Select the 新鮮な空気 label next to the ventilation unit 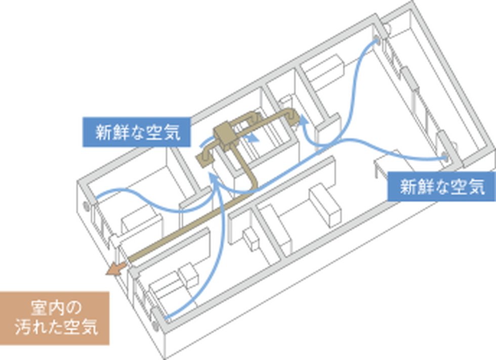click(x=136, y=133)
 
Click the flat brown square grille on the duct click(x=205, y=158)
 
